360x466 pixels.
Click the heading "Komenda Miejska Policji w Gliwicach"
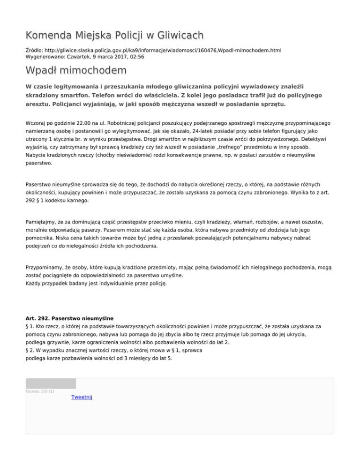[x=115, y=35]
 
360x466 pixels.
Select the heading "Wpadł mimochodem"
[x=76, y=71]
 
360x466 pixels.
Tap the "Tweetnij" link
[x=82, y=397]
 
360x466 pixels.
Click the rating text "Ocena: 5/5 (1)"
[x=40, y=391]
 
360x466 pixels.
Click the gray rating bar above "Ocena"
[x=51, y=383]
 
